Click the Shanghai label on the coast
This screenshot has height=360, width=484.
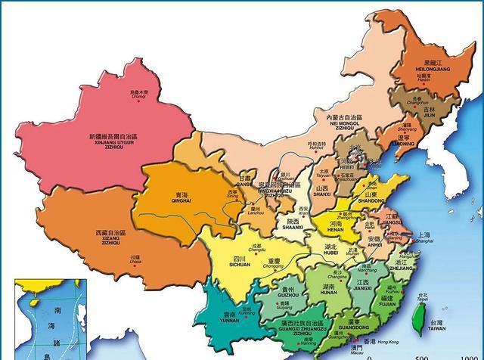[425, 237]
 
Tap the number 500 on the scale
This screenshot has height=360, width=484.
[421, 356]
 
